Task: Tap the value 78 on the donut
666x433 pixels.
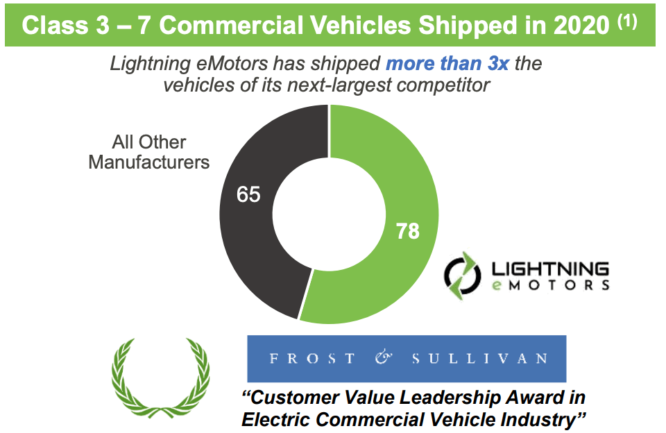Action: [x=407, y=230]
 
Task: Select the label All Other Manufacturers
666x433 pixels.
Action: [x=149, y=153]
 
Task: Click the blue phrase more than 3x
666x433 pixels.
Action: [x=447, y=64]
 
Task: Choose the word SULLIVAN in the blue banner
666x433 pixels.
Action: [x=479, y=359]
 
